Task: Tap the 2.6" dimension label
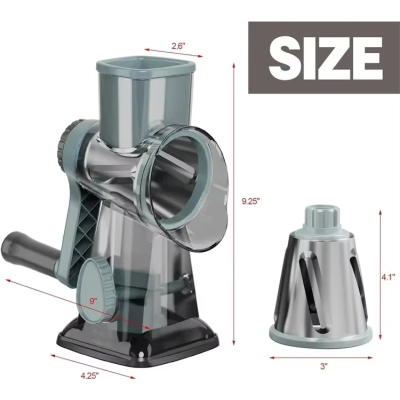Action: (178, 45)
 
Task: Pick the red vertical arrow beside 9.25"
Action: (234, 200)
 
